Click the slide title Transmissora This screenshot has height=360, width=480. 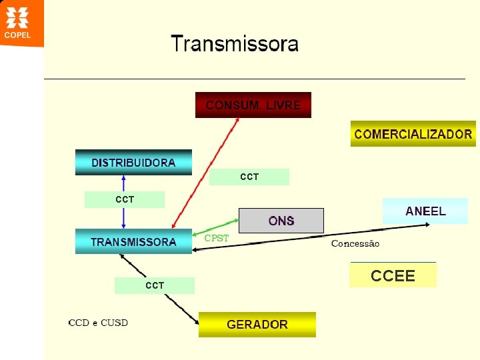pyautogui.click(x=235, y=45)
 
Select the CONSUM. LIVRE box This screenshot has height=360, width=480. pyautogui.click(x=253, y=105)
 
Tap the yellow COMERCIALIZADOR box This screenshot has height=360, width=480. pyautogui.click(x=413, y=134)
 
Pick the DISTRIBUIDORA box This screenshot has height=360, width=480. pyautogui.click(x=133, y=163)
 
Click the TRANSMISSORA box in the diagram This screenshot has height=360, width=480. pyautogui.click(x=133, y=242)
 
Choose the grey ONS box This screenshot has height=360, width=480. pyautogui.click(x=281, y=221)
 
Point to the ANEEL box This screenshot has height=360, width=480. pyautogui.click(x=425, y=211)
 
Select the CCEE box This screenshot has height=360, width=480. pyautogui.click(x=393, y=275)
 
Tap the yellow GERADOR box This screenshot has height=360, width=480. pyautogui.click(x=257, y=325)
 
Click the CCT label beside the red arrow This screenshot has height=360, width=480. pyautogui.click(x=249, y=177)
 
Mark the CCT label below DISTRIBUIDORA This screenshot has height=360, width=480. pyautogui.click(x=125, y=199)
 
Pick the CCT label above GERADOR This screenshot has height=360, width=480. pyautogui.click(x=155, y=285)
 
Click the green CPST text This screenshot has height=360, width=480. pyautogui.click(x=216, y=238)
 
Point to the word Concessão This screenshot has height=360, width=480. pyautogui.click(x=355, y=243)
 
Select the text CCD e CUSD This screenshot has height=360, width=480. pyautogui.click(x=98, y=323)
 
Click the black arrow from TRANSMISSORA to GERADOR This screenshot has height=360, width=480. pyautogui.click(x=160, y=290)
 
